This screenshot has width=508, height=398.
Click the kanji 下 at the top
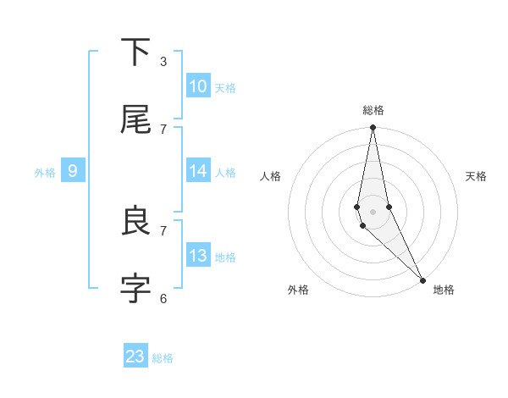[x=135, y=52]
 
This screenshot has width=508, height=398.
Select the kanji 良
[x=135, y=221]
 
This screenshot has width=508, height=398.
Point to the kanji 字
[x=135, y=289]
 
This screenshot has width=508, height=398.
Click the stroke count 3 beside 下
[x=163, y=61]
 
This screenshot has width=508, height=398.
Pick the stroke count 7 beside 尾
[x=163, y=129]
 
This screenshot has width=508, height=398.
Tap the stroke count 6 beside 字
[x=163, y=298]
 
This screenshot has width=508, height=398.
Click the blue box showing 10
[x=198, y=86]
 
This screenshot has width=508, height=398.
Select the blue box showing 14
[x=198, y=171]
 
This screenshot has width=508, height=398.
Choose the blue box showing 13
[x=198, y=256]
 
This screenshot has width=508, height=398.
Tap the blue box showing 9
[x=73, y=171]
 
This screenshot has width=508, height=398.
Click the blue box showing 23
[x=135, y=357]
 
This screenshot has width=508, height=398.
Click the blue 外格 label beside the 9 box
[x=45, y=173]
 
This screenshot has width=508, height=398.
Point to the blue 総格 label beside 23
[x=163, y=358]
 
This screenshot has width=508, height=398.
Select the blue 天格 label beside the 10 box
[x=225, y=88]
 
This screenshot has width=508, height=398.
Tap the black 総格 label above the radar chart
[x=373, y=110]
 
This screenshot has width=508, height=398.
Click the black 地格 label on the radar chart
[x=444, y=290]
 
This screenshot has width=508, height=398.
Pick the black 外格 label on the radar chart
[x=298, y=290]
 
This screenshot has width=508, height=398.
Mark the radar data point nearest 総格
[x=373, y=128]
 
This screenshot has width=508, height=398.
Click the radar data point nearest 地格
[x=422, y=280]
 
